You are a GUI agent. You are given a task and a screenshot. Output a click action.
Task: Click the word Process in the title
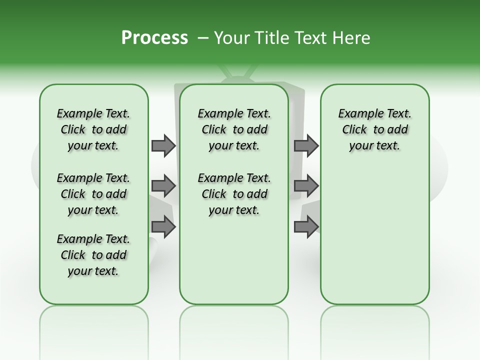pos(154,38)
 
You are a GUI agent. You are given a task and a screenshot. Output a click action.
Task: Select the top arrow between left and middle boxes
pos(163,146)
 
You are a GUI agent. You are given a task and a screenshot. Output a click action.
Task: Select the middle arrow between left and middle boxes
pos(163,186)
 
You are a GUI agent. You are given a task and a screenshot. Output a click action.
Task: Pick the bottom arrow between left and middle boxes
pos(163,227)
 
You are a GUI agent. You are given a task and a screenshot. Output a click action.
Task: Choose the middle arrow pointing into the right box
pos(306,186)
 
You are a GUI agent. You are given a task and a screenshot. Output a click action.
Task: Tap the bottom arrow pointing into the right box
pos(306,227)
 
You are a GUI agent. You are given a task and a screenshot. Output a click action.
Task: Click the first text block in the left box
pos(93,130)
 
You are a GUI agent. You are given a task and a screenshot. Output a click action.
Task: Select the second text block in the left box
pos(93,194)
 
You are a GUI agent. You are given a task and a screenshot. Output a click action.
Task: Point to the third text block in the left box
pos(93,255)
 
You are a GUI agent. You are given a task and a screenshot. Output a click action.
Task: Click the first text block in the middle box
pos(234,130)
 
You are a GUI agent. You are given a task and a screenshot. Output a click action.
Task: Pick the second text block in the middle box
pos(234,194)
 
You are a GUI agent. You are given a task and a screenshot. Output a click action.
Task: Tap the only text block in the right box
pos(374,130)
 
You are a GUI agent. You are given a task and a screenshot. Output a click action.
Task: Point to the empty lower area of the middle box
pos(234,260)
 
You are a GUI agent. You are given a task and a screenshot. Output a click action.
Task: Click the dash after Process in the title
pos(203,38)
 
